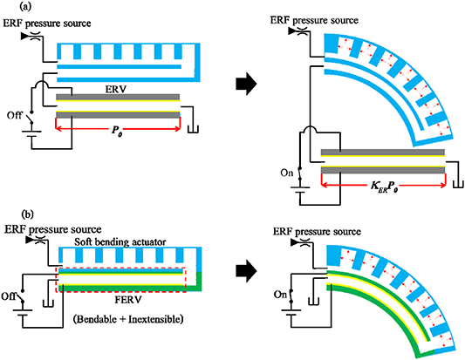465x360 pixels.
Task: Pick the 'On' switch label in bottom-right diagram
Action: [281, 295]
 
